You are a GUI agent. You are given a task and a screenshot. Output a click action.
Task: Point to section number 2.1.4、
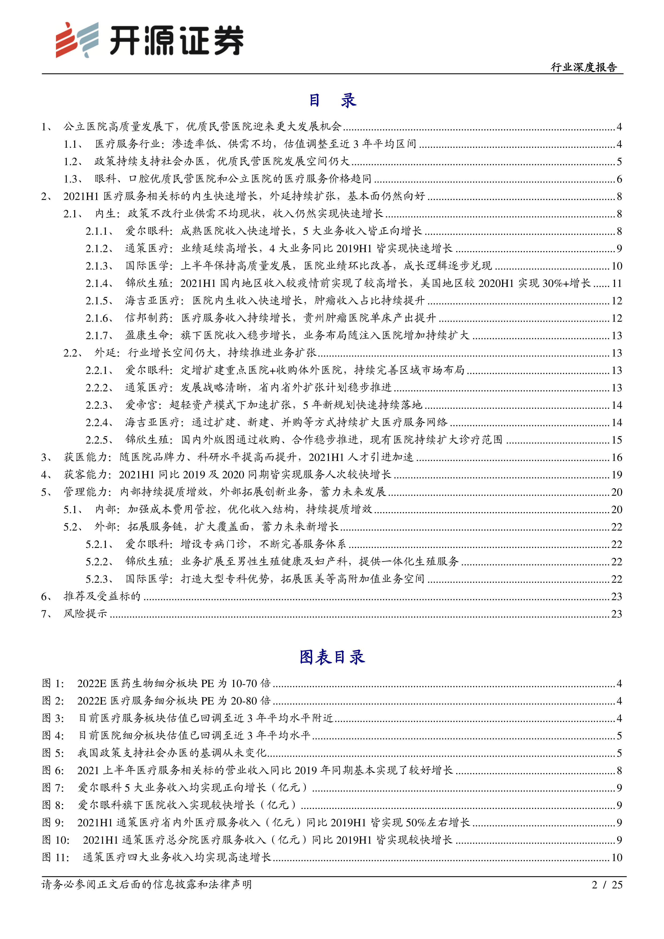click(x=99, y=283)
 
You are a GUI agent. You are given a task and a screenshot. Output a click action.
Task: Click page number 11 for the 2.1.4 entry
click(x=617, y=283)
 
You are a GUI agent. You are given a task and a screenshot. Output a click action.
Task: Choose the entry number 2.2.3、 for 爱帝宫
click(x=99, y=405)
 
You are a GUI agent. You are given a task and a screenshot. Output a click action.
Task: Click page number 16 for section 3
click(x=617, y=457)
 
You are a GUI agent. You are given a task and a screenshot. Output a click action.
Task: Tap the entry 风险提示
click(x=85, y=614)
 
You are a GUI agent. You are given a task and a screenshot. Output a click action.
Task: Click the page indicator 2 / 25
click(x=607, y=885)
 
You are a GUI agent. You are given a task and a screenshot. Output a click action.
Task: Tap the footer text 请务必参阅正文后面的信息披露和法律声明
click(x=146, y=885)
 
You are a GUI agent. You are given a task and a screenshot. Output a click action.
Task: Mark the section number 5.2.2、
click(x=99, y=562)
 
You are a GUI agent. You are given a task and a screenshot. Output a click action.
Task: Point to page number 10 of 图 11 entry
click(x=617, y=858)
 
